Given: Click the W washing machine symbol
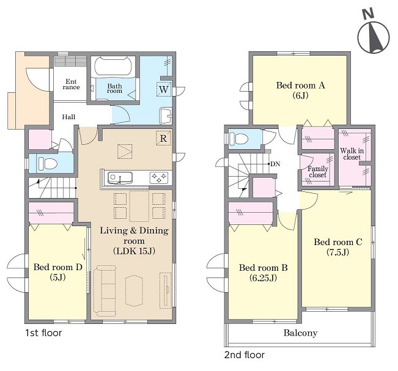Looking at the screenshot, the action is pyautogui.click(x=164, y=89).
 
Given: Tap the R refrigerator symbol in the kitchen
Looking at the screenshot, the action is pyautogui.click(x=163, y=138).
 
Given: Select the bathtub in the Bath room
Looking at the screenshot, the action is pyautogui.click(x=113, y=66).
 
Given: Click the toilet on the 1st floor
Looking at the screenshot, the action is pyautogui.click(x=47, y=164).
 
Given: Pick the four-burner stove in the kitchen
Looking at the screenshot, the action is pyautogui.click(x=158, y=177).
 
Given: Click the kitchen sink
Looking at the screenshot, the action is pyautogui.click(x=120, y=178).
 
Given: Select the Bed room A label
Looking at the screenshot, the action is pyautogui.click(x=301, y=90).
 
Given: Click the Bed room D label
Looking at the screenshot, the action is pyautogui.click(x=58, y=272).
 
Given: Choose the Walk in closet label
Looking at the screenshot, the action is pyautogui.click(x=352, y=154).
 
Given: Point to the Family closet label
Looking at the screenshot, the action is pyautogui.click(x=318, y=172).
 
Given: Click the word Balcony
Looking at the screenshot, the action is pyautogui.click(x=300, y=332).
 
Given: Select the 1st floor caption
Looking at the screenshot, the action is pyautogui.click(x=43, y=332).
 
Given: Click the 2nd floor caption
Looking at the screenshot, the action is pyautogui.click(x=244, y=354).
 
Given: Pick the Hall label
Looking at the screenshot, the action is pyautogui.click(x=68, y=117).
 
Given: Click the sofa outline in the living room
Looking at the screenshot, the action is pyautogui.click(x=105, y=291).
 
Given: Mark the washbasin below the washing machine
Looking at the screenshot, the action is pyautogui.click(x=166, y=116).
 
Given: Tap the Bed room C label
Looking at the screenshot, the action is pyautogui.click(x=338, y=247).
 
